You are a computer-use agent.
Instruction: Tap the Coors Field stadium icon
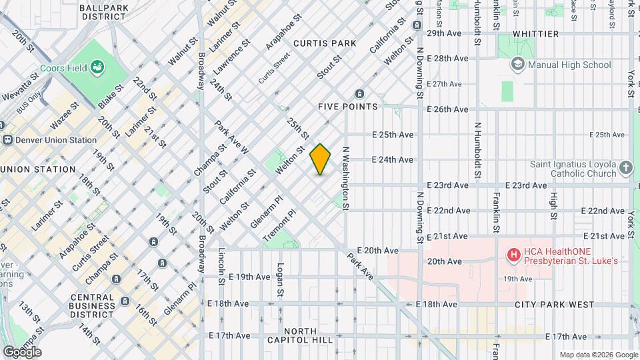tap(98, 67)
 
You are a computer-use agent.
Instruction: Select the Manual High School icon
tap(517, 65)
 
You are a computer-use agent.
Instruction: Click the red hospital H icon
tap(513, 255)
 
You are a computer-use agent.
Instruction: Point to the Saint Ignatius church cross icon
tap(625, 168)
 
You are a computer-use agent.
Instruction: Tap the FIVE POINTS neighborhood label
tap(347, 107)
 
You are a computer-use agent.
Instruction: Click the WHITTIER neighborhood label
tap(535, 33)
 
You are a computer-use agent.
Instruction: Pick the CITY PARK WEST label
tap(553, 305)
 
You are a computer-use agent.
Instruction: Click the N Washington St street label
tap(345, 179)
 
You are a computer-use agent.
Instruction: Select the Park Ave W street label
tap(232, 137)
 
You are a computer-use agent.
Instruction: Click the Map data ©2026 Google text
tap(598, 355)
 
